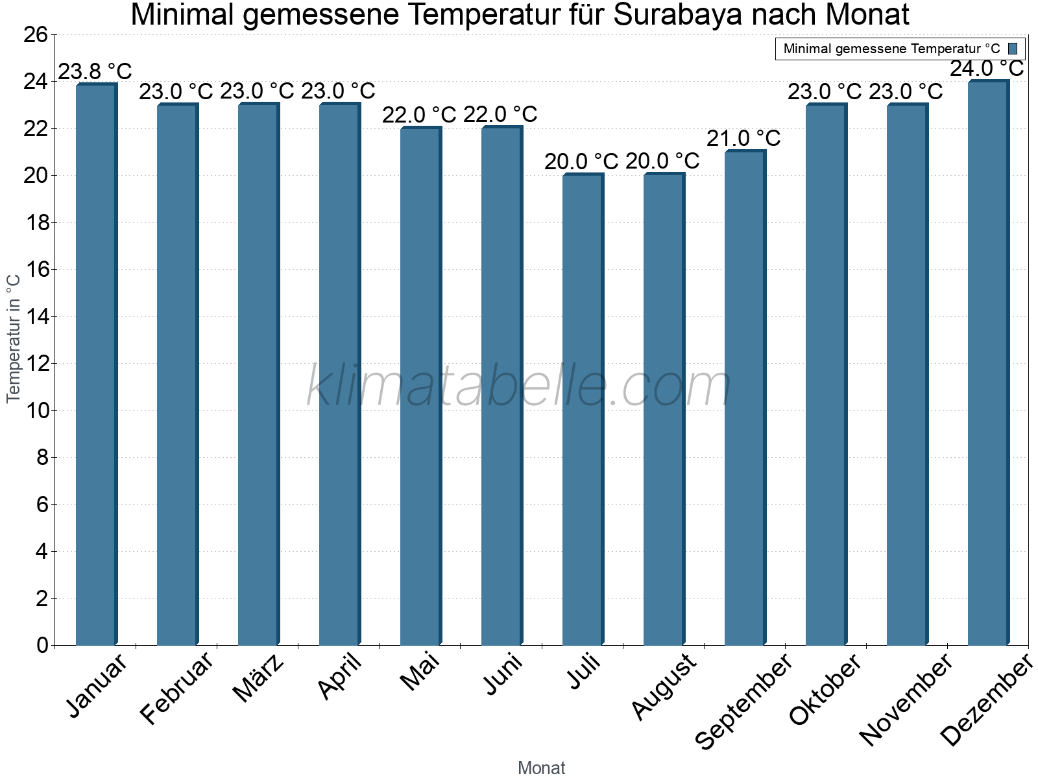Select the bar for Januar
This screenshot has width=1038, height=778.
coord(96,364)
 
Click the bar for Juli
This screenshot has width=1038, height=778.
coord(583,410)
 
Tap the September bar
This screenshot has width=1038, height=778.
coord(745,397)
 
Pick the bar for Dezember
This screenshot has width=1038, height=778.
coord(988,362)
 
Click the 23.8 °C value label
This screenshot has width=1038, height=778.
coord(95,71)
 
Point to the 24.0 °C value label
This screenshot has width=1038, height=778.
coord(987,68)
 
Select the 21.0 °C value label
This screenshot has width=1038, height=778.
coord(743,138)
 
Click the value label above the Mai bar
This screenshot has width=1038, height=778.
coord(419,115)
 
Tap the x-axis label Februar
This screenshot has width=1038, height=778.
coord(176,689)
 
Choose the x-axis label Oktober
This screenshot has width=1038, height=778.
coord(825,690)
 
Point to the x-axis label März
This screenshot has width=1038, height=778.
coord(259,678)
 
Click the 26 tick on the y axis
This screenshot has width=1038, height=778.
coord(36,34)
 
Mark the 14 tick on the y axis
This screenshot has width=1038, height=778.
coord(36,316)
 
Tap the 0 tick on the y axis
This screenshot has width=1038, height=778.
coord(43,645)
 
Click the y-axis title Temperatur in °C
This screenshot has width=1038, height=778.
coord(14,338)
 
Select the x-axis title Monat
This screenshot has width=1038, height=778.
coord(542,768)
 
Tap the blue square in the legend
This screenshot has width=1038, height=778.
coord(1013,49)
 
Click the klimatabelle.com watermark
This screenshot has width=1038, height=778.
coord(519,386)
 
